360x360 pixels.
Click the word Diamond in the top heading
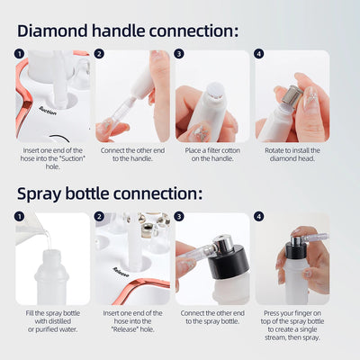(x=57, y=30)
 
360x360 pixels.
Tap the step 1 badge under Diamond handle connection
(x=20, y=54)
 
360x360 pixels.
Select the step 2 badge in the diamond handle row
(x=100, y=54)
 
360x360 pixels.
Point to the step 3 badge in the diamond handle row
(x=180, y=54)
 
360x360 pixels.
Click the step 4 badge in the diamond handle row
(x=260, y=54)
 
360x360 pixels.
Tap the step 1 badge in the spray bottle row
(x=20, y=217)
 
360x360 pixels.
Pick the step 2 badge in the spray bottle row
(x=100, y=217)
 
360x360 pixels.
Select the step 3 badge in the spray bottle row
(x=180, y=217)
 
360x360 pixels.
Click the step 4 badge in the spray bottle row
(x=260, y=217)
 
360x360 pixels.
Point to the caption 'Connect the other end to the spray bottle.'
(x=211, y=317)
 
